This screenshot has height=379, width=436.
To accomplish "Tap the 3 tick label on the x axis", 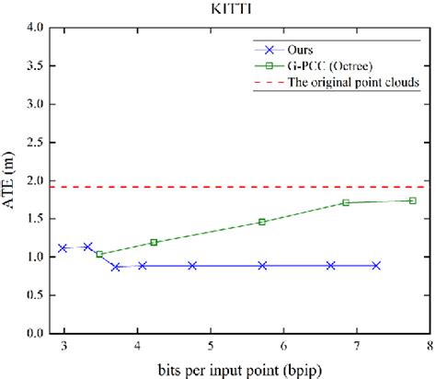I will click(x=64, y=347).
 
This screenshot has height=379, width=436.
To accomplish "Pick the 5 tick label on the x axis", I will click(x=211, y=347).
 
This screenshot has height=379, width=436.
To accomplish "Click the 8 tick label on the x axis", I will click(x=429, y=347).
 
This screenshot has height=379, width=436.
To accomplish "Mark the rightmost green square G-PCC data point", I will click(x=412, y=201).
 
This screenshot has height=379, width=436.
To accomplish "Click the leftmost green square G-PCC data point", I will click(x=99, y=254).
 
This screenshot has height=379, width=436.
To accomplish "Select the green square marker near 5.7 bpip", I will click(x=262, y=222).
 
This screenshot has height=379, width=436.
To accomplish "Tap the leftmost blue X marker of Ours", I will click(x=63, y=247).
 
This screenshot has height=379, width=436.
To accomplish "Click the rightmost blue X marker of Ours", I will click(x=376, y=265).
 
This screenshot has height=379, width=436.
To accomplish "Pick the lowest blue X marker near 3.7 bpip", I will click(x=116, y=267).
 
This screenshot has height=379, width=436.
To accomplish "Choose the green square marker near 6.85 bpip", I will click(x=346, y=202).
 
